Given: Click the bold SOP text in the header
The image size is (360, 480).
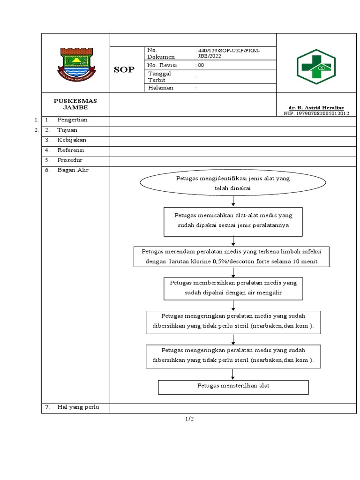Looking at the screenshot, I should tap(124, 70).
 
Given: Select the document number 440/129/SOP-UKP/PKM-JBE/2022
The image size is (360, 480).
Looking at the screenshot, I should tap(228, 53).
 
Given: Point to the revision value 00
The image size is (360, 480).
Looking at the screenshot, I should tap(201, 66).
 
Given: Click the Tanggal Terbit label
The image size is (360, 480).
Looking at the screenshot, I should tap(160, 76).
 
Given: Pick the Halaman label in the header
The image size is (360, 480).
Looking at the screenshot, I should tap(161, 88).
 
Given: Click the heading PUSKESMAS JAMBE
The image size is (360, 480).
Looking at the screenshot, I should tap(75, 104).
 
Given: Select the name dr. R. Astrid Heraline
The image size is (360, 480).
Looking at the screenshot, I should tap(316, 108).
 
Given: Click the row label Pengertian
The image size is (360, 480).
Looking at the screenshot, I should tap(72, 120).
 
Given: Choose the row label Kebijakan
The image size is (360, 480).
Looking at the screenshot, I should tap(72, 140).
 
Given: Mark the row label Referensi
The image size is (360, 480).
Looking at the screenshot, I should tap(71, 150).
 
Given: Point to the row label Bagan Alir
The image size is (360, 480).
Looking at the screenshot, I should tap(73, 170).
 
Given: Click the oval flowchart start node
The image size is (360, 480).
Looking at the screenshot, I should tap(233, 183).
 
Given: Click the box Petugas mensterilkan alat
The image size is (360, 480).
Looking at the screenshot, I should tap(233, 386).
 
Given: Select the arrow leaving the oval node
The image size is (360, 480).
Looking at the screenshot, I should tap(233, 201).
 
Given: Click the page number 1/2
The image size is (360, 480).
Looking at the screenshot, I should tap(189, 419).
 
